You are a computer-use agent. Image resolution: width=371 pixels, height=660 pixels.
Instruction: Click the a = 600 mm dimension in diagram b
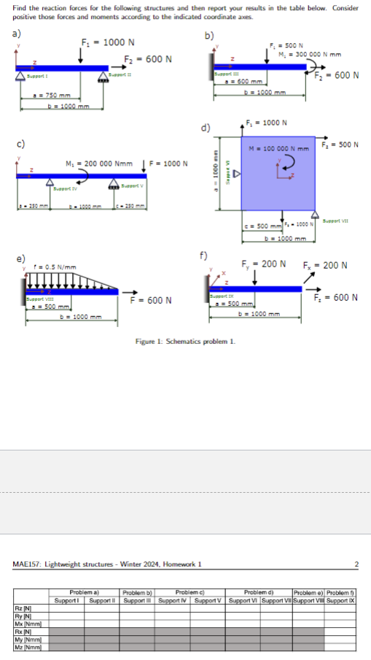point(240,82)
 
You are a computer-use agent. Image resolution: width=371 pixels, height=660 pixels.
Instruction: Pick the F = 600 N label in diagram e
point(151,300)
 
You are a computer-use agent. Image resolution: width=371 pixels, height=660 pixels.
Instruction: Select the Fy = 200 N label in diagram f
point(263,263)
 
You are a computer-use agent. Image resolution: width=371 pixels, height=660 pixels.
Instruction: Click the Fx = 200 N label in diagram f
point(326,263)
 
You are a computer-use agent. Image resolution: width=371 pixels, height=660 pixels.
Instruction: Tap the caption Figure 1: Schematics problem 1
point(185,340)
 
